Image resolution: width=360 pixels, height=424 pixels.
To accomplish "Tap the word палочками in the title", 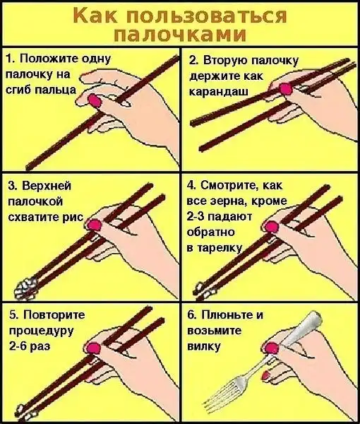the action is pos(180,34).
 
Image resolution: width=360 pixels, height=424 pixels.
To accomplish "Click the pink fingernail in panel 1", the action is pos(95,100).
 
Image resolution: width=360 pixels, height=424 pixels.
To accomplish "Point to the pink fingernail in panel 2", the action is pos(286,89).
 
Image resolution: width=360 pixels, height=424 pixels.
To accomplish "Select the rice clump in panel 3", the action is pos(25,289).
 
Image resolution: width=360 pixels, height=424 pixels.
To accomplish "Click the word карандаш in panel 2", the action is pos(219,92).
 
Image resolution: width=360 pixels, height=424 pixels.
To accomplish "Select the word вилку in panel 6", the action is pos(204,346).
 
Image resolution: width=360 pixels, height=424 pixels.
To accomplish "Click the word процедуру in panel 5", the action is pos(42,331).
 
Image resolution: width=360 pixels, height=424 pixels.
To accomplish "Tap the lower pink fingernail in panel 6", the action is pos(266,375).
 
